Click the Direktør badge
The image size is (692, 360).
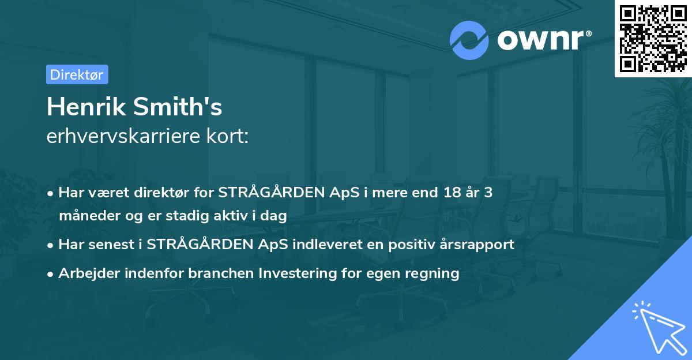tap(77, 74)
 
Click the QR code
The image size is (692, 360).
tap(652, 38)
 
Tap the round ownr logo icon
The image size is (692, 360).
tap(469, 40)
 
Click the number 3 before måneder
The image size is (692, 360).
tap(488, 192)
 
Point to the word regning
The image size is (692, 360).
tap(434, 273)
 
